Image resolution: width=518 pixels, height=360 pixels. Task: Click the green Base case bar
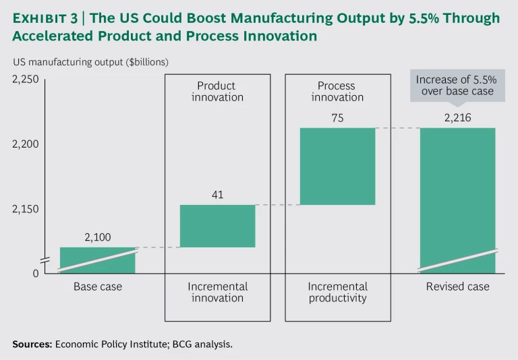[97, 260]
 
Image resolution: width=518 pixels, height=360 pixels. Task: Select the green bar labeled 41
[217, 226]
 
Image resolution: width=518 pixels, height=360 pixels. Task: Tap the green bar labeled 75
[337, 166]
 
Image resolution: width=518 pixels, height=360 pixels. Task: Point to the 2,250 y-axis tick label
[26, 80]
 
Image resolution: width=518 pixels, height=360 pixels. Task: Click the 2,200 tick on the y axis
[26, 144]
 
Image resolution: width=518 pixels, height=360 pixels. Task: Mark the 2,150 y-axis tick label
[26, 209]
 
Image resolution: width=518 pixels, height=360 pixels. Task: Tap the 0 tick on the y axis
[36, 273]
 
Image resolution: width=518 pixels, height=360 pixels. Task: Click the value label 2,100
[97, 237]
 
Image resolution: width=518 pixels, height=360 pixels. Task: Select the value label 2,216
[457, 118]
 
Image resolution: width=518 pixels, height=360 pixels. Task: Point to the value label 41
[217, 195]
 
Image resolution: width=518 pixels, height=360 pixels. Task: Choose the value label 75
[337, 118]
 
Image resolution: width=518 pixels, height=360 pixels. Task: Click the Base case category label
[98, 287]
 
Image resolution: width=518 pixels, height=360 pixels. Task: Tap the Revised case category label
[457, 287]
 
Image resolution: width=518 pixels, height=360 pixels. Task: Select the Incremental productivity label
[337, 293]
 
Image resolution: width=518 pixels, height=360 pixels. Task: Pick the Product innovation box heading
[217, 92]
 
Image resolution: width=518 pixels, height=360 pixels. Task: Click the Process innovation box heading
[337, 92]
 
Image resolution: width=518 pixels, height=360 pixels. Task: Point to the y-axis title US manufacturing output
[90, 62]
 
